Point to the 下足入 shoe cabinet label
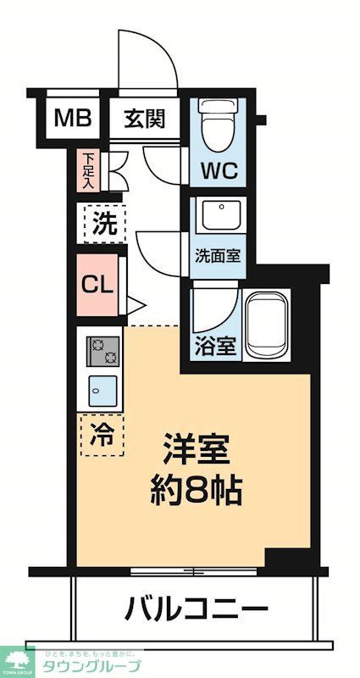click(88, 169)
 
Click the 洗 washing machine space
click(103, 225)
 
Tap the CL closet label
click(97, 284)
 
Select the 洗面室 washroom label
click(218, 255)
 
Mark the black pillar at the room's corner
click(283, 560)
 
